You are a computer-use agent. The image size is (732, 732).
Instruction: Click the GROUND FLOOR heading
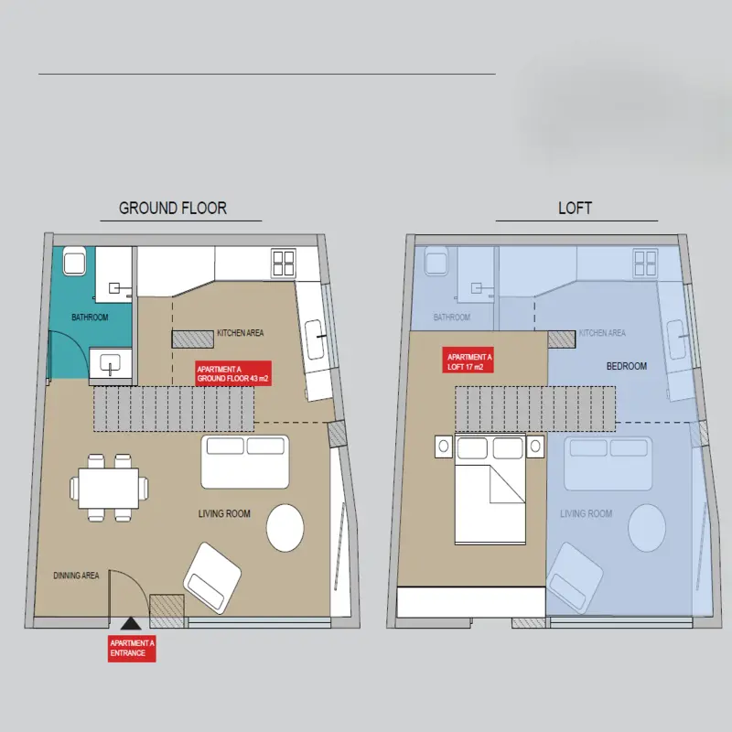[x=173, y=208]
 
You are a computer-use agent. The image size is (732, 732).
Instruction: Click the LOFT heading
[x=576, y=208]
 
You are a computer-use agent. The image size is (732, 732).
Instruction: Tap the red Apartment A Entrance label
[x=132, y=649]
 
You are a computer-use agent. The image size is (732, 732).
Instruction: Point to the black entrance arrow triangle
[x=131, y=623]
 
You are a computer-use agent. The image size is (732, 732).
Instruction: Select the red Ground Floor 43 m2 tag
[x=233, y=373]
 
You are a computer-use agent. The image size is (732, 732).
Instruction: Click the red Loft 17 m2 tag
[x=468, y=361]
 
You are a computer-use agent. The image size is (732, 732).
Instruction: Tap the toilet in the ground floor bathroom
[x=75, y=261]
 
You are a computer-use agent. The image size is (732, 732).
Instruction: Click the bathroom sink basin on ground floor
[x=110, y=363]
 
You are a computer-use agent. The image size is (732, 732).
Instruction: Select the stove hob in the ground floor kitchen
[x=284, y=263]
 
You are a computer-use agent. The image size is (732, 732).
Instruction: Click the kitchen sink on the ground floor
[x=315, y=339]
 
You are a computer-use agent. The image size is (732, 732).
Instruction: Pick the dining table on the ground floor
[x=109, y=489]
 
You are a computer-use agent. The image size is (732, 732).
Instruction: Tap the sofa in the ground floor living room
[x=245, y=462]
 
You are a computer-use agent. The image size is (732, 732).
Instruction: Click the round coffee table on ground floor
[x=285, y=528]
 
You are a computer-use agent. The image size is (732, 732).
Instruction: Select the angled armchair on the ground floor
[x=212, y=578]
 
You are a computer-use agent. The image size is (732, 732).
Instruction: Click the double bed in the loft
[x=490, y=490]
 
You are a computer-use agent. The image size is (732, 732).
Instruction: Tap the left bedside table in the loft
[x=444, y=447]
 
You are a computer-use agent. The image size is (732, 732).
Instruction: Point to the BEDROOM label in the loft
[x=627, y=366]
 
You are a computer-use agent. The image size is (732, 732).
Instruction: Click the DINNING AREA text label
[x=76, y=576]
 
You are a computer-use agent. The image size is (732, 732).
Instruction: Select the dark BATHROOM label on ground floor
[x=90, y=318]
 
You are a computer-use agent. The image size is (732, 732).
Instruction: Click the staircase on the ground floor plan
[x=174, y=409]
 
